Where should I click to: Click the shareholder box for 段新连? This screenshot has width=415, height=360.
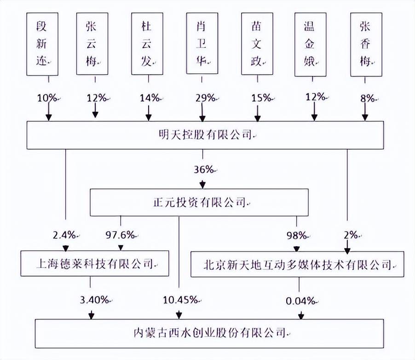pyautogui.click(x=42, y=44)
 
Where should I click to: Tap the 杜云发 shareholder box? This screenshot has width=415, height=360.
pyautogui.click(x=147, y=44)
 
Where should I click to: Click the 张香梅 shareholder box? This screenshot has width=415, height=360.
pyautogui.click(x=366, y=44)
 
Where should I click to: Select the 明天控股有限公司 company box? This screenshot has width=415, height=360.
pyautogui.click(x=205, y=135)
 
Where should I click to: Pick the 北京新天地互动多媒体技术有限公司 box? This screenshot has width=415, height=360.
pyautogui.click(x=296, y=263)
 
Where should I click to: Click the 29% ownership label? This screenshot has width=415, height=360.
pyautogui.click(x=205, y=98)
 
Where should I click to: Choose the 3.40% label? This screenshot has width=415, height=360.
pyautogui.click(x=94, y=300)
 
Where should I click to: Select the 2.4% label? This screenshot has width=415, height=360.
pyautogui.click(x=64, y=235)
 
